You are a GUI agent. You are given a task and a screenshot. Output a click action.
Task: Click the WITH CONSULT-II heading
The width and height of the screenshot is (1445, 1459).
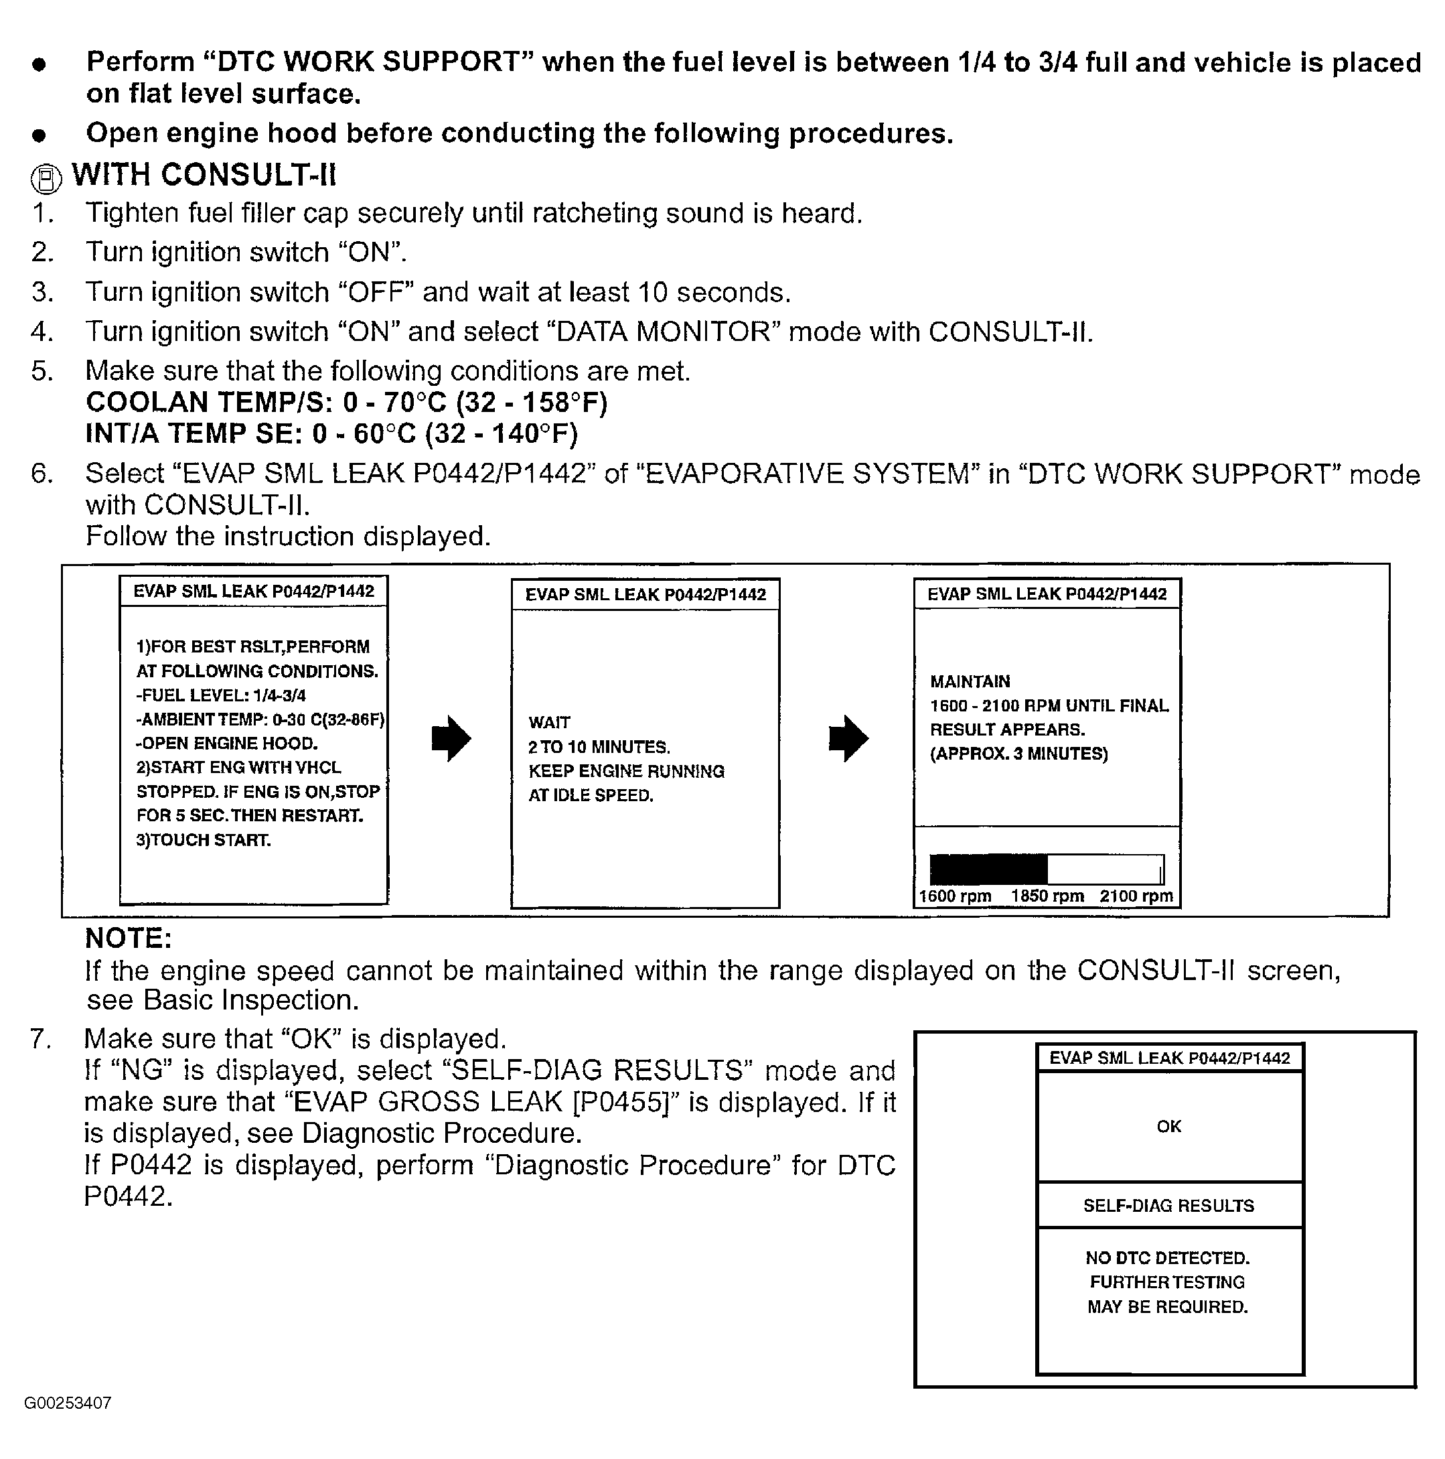point(203,176)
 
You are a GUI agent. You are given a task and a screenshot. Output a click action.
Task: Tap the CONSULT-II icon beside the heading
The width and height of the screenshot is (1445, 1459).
point(46,179)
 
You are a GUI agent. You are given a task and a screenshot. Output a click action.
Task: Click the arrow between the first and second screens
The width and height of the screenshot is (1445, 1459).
point(451,738)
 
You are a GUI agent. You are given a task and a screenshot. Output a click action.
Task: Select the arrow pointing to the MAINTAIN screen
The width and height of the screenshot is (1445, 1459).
point(848,738)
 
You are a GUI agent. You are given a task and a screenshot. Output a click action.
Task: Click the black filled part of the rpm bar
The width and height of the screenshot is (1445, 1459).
point(988,870)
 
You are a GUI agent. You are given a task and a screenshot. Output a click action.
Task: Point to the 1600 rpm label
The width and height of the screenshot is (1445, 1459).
point(954,896)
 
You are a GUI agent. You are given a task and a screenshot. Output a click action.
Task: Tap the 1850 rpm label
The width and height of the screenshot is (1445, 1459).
point(1047,896)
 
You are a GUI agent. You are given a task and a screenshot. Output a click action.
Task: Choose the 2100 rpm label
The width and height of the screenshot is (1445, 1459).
point(1136,896)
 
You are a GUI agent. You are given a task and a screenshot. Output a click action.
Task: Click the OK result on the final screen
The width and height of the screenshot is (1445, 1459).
point(1168,1127)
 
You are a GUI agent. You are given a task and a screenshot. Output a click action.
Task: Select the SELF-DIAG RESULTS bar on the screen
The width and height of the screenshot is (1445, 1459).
point(1168,1206)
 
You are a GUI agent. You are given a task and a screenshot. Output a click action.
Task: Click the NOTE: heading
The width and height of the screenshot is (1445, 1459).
point(129,939)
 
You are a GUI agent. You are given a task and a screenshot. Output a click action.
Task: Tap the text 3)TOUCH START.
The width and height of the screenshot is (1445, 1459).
point(203,841)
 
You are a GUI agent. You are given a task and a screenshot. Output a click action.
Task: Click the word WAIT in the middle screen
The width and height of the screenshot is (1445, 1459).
point(549,723)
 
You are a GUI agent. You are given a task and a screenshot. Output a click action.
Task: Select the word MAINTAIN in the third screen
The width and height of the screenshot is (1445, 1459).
point(970,682)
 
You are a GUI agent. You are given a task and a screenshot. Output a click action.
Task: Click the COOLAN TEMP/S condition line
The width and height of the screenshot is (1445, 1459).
point(347,403)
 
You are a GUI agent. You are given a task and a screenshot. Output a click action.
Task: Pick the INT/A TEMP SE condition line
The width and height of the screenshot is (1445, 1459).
point(331,434)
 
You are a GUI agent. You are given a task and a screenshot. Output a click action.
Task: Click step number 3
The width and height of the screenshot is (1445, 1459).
point(42,292)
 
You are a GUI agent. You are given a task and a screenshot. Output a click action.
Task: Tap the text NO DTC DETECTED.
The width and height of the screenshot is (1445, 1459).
point(1167,1258)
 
